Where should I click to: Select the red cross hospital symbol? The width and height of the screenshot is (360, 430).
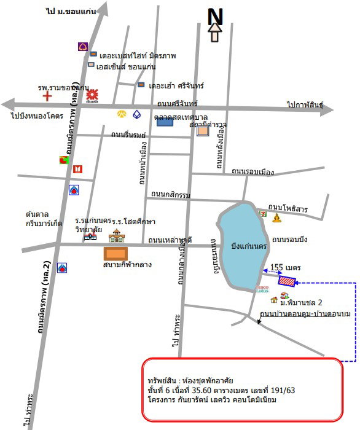pyautogui.click(x=47, y=95)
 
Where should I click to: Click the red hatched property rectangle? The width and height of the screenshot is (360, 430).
pyautogui.click(x=286, y=281)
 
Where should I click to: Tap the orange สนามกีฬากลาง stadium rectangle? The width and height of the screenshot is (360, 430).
pyautogui.click(x=114, y=253)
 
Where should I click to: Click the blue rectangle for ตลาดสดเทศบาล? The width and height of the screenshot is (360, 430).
pyautogui.click(x=164, y=122)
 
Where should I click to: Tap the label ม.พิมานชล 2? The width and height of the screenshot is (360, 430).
pyautogui.click(x=302, y=303)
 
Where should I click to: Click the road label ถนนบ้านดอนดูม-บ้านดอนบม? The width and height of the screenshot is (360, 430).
pyautogui.click(x=305, y=314)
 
